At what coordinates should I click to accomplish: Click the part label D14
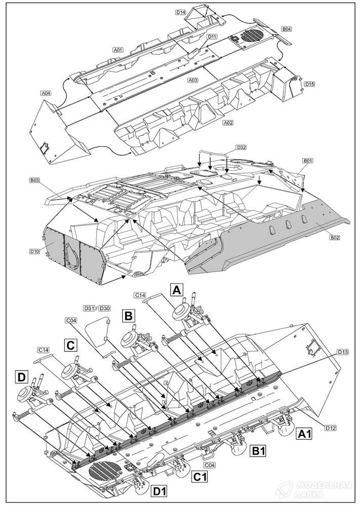pos(181,12)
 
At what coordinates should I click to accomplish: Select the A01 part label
pos(118,50)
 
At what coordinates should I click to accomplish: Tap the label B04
pos(286,29)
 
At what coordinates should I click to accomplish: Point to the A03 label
pos(193,80)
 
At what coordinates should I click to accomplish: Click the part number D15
pos(310,84)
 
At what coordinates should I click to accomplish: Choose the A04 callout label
pos(46,93)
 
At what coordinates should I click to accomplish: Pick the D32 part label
pos(241,148)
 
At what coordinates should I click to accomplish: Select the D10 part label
pos(34,251)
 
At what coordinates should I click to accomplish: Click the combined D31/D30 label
pos(96,308)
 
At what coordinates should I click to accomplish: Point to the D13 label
pos(343,351)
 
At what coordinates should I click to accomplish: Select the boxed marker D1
pos(160,491)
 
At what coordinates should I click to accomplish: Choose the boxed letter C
pos(71,345)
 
